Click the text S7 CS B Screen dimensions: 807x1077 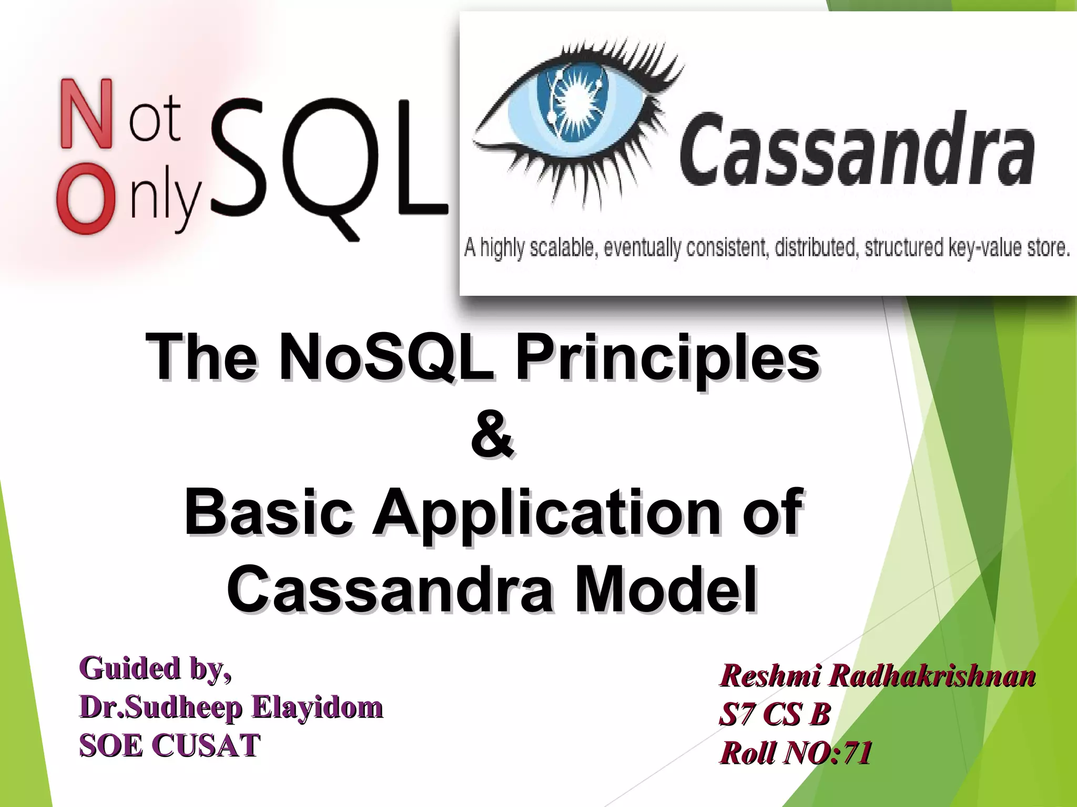pos(774,715)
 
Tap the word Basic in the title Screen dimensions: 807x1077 pos(268,512)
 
